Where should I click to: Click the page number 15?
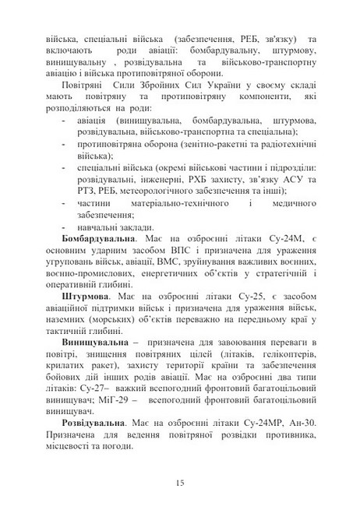tap(180, 484)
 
